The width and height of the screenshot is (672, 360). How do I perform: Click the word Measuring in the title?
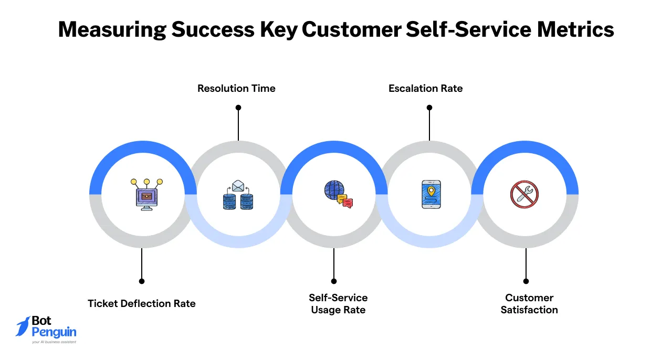[x=112, y=30]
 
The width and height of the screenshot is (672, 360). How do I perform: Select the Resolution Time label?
[x=236, y=89]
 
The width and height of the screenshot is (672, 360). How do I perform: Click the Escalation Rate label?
[x=425, y=89]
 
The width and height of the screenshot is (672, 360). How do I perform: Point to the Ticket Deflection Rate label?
[x=141, y=304]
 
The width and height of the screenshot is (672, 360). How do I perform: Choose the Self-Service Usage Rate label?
[x=338, y=304]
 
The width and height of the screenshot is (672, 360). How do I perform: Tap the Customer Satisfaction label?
[x=529, y=304]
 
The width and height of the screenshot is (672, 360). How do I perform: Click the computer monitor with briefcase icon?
[x=146, y=195]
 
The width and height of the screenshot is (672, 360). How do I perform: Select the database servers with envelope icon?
[x=238, y=195]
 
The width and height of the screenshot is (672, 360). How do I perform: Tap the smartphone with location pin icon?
[x=431, y=195]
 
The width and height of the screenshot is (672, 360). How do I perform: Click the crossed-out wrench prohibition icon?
[x=525, y=194]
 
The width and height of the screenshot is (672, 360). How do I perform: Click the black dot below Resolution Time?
[x=238, y=108]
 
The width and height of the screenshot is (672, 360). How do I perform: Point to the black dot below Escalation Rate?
[x=429, y=108]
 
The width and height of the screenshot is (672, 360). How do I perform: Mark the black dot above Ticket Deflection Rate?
[x=141, y=281]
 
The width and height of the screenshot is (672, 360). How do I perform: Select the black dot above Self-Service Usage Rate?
[x=334, y=281]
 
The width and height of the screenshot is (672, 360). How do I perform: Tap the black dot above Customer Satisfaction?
[x=526, y=281]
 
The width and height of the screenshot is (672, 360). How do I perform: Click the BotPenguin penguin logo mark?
[x=23, y=327]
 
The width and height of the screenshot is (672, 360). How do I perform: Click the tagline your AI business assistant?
[x=54, y=342]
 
